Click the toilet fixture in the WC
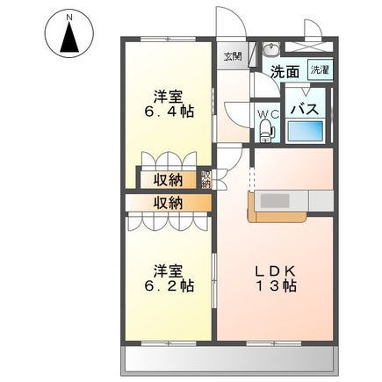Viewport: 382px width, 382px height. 269,130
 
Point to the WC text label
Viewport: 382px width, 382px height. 268,112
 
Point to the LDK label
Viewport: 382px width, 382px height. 276,268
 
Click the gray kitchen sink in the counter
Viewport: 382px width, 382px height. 278,201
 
